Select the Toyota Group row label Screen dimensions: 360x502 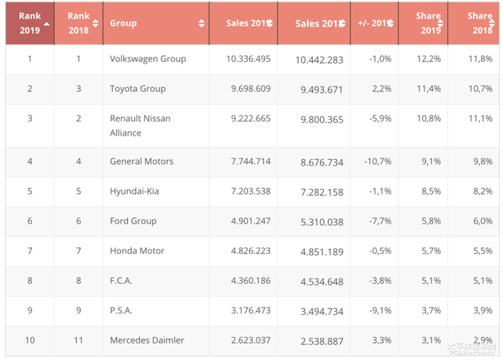click(x=137, y=89)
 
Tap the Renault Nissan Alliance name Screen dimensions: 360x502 click(x=140, y=125)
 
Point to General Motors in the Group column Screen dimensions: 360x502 click(x=141, y=162)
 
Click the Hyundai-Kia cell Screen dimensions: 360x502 click(x=134, y=191)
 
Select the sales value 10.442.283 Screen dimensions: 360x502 click(x=319, y=60)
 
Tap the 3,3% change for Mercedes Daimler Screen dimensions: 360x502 click(x=380, y=340)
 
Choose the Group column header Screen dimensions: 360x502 click(x=123, y=24)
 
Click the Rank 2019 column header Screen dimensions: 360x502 click(x=29, y=23)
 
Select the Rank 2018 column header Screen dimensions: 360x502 click(x=78, y=23)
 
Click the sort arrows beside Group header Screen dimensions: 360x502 click(x=202, y=24)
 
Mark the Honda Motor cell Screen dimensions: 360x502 click(x=136, y=251)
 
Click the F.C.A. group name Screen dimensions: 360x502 click(x=123, y=281)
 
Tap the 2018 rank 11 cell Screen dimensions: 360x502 click(x=78, y=340)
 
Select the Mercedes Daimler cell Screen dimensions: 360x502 click(x=147, y=340)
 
